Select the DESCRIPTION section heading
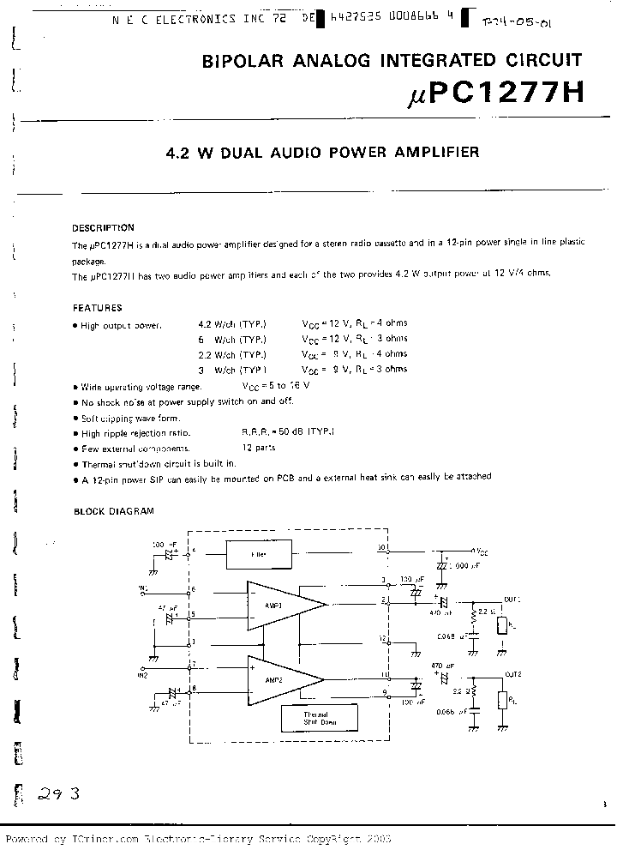tap(103, 228)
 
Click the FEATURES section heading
tap(97, 308)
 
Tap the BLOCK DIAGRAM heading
tap(113, 511)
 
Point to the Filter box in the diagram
tap(259, 555)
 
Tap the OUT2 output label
tap(512, 674)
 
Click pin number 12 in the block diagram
tap(383, 638)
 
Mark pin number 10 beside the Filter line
tap(382, 546)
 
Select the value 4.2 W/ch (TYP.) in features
tap(231, 323)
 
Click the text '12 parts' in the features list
tap(257, 448)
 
